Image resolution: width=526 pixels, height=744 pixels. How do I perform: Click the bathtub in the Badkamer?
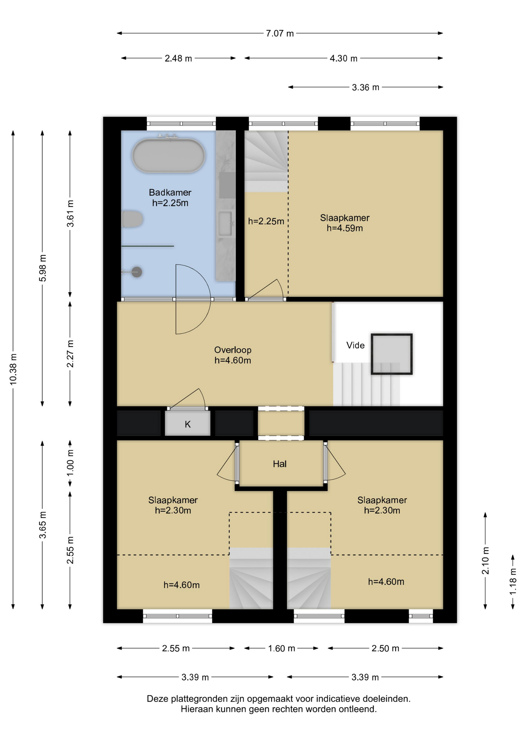coord(168,155)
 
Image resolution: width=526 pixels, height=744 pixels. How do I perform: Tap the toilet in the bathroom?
coord(132,219)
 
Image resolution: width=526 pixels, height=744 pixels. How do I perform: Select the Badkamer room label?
coord(170,192)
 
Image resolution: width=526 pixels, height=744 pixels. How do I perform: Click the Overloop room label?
coord(233,350)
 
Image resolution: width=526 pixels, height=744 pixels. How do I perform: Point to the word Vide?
coord(356,345)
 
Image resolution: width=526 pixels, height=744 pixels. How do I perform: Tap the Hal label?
coord(280,464)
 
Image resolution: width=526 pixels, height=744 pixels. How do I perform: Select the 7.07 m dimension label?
coord(280,33)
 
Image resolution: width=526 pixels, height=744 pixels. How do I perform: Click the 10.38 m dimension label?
coord(13,369)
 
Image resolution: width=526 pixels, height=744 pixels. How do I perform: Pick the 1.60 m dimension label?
coord(282,648)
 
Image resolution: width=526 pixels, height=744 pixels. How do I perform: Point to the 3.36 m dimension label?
coord(366,88)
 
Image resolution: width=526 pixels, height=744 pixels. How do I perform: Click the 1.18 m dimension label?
coord(513,582)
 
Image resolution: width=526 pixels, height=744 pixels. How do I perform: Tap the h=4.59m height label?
coord(345,228)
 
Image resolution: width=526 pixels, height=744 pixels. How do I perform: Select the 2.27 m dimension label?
coord(70,354)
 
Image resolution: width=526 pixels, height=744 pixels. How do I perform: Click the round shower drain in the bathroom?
coord(136,272)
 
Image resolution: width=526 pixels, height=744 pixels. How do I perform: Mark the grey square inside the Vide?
coord(392,354)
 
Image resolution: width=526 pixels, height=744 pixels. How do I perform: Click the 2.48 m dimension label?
coord(178,59)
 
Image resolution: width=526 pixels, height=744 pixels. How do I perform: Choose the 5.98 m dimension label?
coord(43,268)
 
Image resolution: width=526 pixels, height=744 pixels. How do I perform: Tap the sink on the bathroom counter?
coord(225,224)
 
